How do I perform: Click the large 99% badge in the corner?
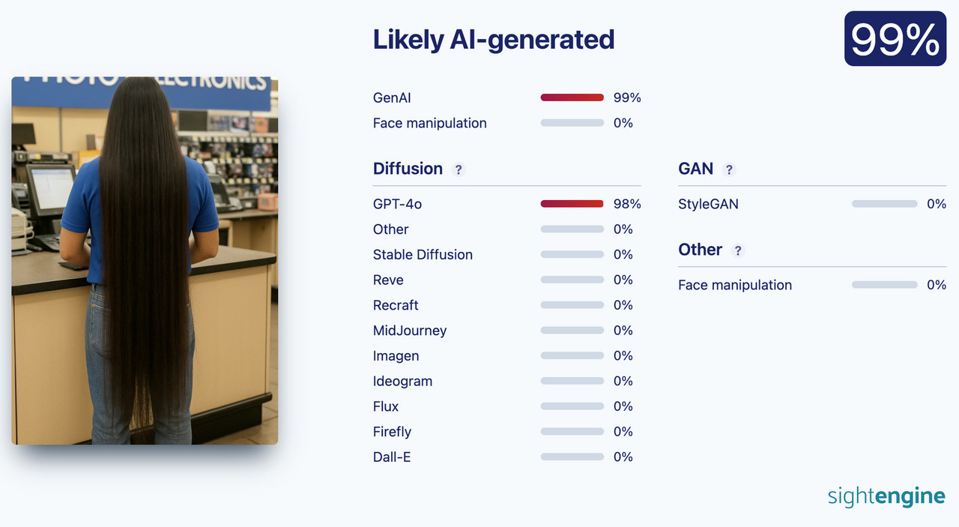click(x=895, y=38)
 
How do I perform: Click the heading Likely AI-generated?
click(x=494, y=40)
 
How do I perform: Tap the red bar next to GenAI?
click(x=572, y=97)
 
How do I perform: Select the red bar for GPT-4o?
click(x=572, y=204)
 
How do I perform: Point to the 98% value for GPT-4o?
click(x=627, y=204)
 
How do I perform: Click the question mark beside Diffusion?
click(x=459, y=169)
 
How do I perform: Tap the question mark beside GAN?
click(x=729, y=169)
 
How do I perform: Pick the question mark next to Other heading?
click(x=738, y=250)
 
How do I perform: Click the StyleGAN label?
click(x=708, y=204)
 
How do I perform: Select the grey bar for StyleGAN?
click(x=885, y=204)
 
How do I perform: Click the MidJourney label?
click(x=410, y=331)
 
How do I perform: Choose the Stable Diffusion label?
click(x=423, y=254)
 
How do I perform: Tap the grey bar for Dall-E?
click(x=572, y=457)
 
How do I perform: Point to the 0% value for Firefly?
click(x=623, y=432)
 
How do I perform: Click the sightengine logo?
click(x=886, y=496)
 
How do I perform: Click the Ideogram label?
click(x=402, y=381)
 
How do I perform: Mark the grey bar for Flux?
click(x=572, y=406)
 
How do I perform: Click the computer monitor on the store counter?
click(x=50, y=188)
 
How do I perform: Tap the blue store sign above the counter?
click(x=142, y=92)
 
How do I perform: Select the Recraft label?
click(x=396, y=305)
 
